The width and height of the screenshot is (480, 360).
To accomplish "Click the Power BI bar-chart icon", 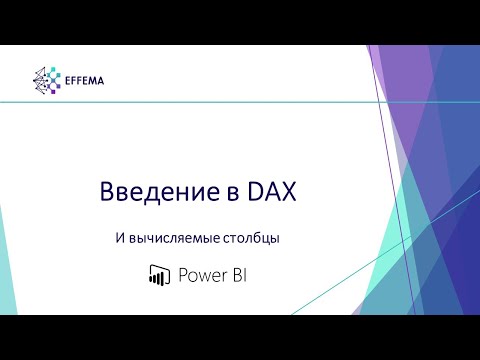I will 156,274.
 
